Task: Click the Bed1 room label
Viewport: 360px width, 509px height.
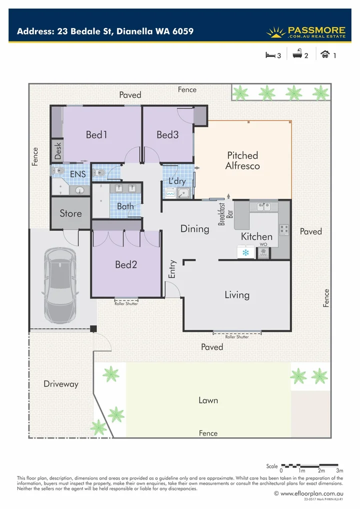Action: point(97,134)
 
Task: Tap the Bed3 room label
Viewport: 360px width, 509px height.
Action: point(167,134)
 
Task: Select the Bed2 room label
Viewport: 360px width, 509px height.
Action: point(126,265)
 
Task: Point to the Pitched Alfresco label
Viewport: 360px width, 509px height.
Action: point(242,160)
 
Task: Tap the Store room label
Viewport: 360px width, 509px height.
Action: point(70,213)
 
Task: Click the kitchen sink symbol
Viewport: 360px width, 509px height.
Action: point(264,206)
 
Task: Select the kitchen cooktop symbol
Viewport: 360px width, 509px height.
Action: point(284,229)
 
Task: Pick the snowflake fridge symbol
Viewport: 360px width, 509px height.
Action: point(245,252)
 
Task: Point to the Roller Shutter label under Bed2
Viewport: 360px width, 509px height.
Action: point(126,303)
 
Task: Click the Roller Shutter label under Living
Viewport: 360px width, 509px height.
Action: point(237,337)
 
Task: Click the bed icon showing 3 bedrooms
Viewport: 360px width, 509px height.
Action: point(270,55)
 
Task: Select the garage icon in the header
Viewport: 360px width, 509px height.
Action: point(325,55)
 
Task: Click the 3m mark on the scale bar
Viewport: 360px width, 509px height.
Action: point(340,470)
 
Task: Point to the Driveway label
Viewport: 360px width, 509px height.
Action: point(61,384)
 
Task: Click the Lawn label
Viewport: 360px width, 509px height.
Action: point(208,400)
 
